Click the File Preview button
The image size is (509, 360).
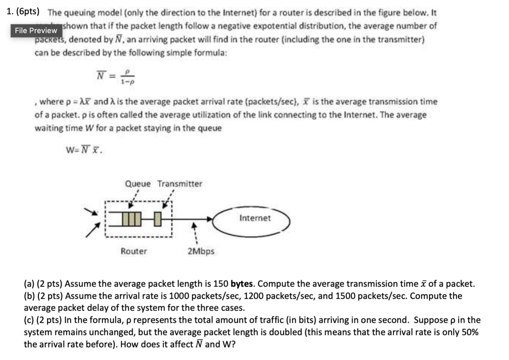[x=36, y=30]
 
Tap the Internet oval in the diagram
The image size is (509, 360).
[x=255, y=219]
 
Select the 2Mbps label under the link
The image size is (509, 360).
[x=201, y=251]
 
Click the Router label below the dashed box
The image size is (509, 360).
[x=134, y=251]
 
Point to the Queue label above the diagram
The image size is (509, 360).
[x=138, y=184]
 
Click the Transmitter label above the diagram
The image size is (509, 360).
[x=179, y=184]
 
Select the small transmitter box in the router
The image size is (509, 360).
[x=157, y=219]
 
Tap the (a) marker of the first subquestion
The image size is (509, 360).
[x=29, y=284]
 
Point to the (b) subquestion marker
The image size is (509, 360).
[x=29, y=296]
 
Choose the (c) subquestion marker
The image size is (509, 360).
[x=29, y=320]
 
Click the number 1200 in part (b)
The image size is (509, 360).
[x=253, y=296]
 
